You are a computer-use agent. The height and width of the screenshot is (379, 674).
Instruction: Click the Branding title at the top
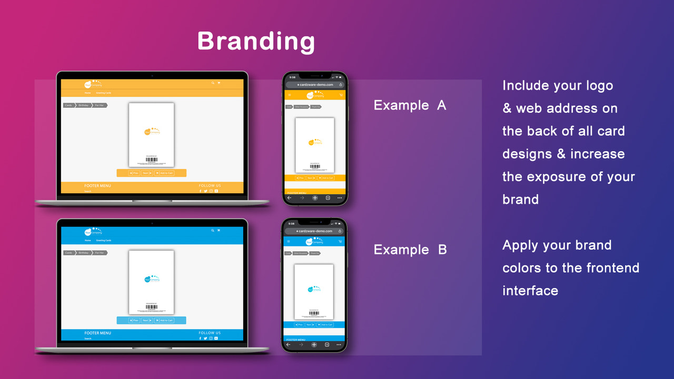click(x=256, y=41)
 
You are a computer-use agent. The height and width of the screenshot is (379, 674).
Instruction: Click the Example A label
click(x=410, y=105)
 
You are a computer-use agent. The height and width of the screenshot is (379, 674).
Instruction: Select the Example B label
click(x=410, y=250)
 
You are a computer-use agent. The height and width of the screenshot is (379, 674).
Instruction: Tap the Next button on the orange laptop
click(x=146, y=173)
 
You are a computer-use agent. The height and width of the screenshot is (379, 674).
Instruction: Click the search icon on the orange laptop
click(x=213, y=83)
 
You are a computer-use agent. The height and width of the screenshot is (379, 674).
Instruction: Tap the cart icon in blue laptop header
click(x=219, y=230)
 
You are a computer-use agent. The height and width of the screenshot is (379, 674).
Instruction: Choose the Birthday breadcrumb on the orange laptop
click(x=84, y=105)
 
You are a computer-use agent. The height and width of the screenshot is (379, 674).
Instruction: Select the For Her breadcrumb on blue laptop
click(x=99, y=253)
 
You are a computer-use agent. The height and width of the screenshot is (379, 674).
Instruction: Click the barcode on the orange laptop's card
click(x=151, y=159)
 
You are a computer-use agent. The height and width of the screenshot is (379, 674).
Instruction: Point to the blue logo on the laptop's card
click(x=151, y=279)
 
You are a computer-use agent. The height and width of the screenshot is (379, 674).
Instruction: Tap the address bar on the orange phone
click(x=315, y=84)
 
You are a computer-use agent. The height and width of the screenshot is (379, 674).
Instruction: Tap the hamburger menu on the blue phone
click(x=288, y=242)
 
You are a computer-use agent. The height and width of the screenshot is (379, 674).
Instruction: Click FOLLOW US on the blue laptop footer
click(x=210, y=333)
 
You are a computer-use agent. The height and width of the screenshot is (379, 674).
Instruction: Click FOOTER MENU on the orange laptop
click(x=97, y=186)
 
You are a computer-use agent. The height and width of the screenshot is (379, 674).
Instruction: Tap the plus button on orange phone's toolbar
click(x=315, y=198)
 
